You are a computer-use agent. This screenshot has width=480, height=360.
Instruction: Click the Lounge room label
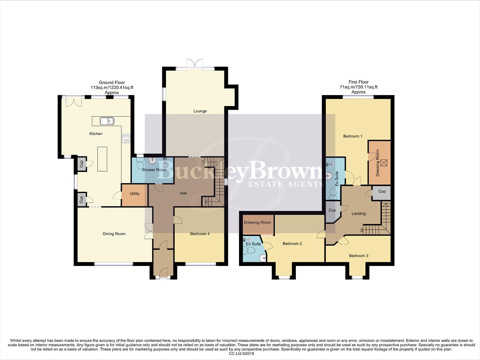[x=200, y=111]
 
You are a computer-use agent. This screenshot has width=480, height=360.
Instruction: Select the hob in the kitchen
[x=126, y=138]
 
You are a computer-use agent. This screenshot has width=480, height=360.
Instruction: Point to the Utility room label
[x=135, y=194]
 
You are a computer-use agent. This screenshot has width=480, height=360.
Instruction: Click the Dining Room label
[x=114, y=234]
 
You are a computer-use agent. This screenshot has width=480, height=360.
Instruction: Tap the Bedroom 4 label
[x=200, y=234]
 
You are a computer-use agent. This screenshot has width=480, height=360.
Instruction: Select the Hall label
[x=183, y=193]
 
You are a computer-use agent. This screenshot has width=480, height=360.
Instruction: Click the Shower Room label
[x=154, y=170]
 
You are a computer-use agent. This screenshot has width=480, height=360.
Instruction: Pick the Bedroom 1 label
[x=353, y=136]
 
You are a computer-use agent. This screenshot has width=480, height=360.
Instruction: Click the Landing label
[x=358, y=214]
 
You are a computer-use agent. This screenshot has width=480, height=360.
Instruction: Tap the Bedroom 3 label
[x=358, y=256]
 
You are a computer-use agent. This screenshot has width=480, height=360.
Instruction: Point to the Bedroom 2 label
[x=292, y=244]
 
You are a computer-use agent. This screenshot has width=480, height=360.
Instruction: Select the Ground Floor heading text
[x=112, y=83]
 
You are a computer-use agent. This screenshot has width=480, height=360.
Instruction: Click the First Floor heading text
[x=358, y=82]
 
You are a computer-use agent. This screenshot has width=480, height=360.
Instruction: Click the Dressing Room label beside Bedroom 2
[x=257, y=222]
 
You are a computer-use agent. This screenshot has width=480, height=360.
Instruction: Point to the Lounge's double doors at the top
[x=195, y=64]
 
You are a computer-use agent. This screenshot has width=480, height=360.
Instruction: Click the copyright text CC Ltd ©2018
[x=241, y=354]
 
